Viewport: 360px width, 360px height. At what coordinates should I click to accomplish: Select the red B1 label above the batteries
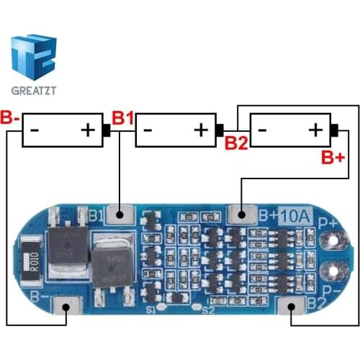122,117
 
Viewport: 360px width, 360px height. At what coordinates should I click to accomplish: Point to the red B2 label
236,143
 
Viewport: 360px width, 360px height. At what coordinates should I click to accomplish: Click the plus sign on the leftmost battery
88,130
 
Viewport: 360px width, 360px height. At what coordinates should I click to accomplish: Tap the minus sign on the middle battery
148,130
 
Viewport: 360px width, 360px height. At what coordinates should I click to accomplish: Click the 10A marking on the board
296,214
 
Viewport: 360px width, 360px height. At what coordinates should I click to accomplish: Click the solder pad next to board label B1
120,214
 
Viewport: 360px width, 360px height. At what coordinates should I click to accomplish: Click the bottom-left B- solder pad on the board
66,308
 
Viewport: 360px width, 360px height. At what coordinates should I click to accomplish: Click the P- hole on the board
333,273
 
